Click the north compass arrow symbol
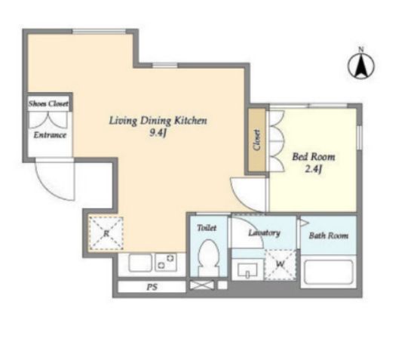pos(361,64)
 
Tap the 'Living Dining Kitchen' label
pos(158,121)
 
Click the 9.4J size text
pos(158,132)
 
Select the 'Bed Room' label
pos(314,157)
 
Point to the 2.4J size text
pos(314,169)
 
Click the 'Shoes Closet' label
pos(49,103)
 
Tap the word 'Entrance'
pos(50,135)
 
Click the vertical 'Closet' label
pos(257,140)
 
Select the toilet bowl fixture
pos(209,257)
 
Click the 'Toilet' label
pos(207,228)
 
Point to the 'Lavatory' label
pos(264,232)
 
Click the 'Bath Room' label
pos(329,235)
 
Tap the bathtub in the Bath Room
pos(329,272)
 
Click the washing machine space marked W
pos(281,264)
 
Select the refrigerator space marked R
pos(106,233)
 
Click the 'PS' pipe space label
pos(152,287)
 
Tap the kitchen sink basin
pos(140,263)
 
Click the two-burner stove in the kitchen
pos(166,263)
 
